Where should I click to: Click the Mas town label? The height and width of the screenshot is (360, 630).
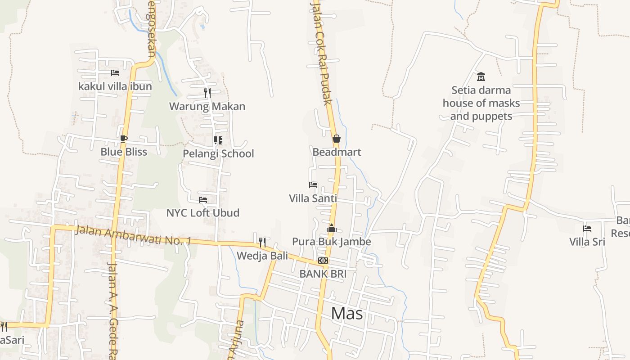pyautogui.click(x=346, y=314)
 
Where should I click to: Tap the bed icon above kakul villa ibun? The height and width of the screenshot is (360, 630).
pyautogui.click(x=115, y=72)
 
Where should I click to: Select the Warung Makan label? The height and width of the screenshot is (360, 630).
pyautogui.click(x=207, y=107)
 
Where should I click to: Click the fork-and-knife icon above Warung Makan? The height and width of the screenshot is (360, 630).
pyautogui.click(x=207, y=93)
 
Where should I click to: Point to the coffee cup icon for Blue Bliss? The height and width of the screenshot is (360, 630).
pyautogui.click(x=124, y=139)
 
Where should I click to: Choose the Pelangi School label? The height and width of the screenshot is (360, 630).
pyautogui.click(x=218, y=154)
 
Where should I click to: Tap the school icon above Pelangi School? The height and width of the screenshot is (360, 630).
pyautogui.click(x=218, y=140)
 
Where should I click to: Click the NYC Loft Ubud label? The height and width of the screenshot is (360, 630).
pyautogui.click(x=203, y=213)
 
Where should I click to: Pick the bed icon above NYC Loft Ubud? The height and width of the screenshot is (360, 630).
pyautogui.click(x=203, y=199)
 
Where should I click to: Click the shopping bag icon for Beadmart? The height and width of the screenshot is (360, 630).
pyautogui.click(x=336, y=139)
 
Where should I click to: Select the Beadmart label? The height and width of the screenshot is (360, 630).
pyautogui.click(x=337, y=152)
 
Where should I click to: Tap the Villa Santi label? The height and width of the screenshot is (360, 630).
pyautogui.click(x=313, y=198)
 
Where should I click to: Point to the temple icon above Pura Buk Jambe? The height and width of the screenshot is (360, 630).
pyautogui.click(x=332, y=229)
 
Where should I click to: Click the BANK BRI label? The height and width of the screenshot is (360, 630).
pyautogui.click(x=323, y=274)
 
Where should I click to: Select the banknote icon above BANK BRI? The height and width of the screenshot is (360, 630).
pyautogui.click(x=323, y=261)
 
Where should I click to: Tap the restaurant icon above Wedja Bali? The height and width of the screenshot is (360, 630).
pyautogui.click(x=262, y=243)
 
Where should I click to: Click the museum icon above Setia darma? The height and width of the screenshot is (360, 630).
pyautogui.click(x=481, y=76)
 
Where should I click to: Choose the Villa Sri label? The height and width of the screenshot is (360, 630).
pyautogui.click(x=587, y=242)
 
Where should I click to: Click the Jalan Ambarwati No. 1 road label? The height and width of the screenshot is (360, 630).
pyautogui.click(x=133, y=236)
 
